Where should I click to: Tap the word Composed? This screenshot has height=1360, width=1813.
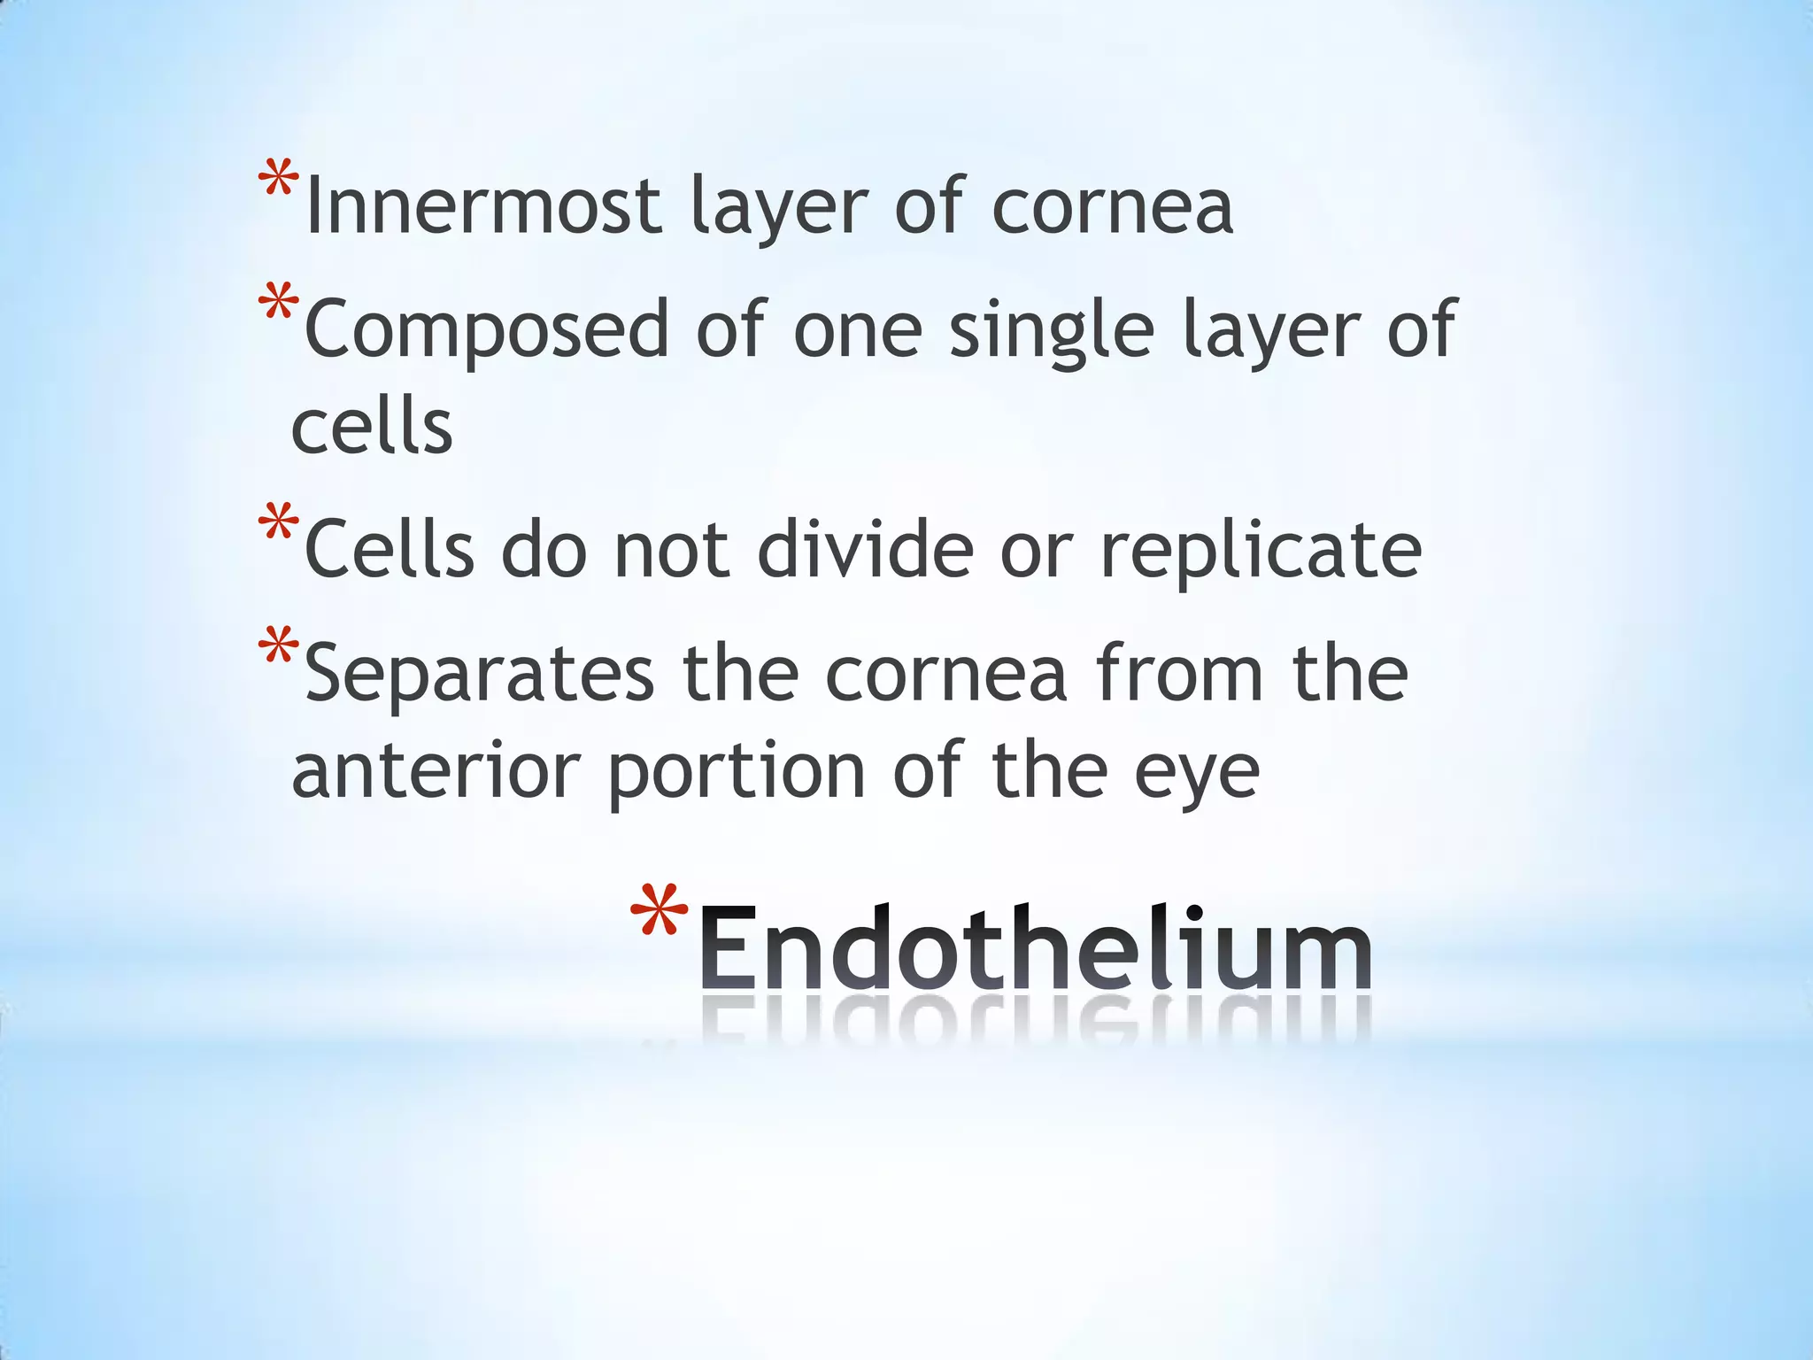click(486, 329)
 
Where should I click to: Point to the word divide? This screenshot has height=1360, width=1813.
click(865, 550)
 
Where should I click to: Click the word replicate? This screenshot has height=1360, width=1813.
click(1261, 552)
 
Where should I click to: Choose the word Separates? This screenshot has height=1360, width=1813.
click(479, 674)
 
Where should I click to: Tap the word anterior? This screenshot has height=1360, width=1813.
click(435, 771)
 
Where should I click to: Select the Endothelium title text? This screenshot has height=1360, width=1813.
click(1035, 949)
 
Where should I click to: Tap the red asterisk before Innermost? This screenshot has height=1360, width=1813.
click(278, 182)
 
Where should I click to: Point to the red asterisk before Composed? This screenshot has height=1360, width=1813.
click(278, 305)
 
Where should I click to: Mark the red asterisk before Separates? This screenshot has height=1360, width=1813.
click(278, 649)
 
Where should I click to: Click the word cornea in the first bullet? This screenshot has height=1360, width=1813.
click(1112, 208)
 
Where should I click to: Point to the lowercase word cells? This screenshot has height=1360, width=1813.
click(372, 428)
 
